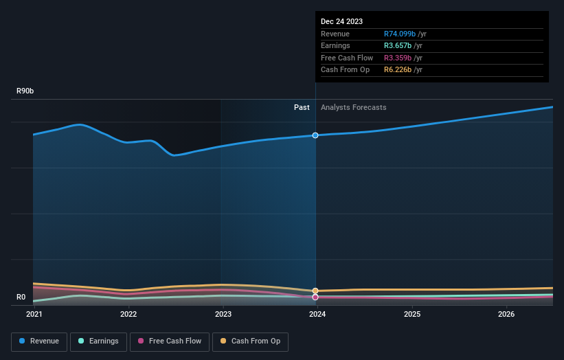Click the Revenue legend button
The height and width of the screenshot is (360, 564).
(39, 341)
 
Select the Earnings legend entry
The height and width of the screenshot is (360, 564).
(98, 341)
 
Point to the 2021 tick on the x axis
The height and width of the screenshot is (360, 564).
(34, 315)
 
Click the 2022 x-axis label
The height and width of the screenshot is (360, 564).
(128, 315)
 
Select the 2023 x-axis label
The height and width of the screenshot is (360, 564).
(223, 315)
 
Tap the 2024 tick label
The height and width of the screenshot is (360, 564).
(317, 315)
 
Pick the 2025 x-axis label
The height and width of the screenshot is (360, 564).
(412, 315)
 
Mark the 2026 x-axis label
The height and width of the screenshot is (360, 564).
(506, 315)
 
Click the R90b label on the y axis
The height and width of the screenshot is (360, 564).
(25, 91)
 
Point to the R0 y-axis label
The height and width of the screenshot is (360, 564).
(21, 297)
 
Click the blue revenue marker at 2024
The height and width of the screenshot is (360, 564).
(315, 135)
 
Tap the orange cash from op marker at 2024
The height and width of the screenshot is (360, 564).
(315, 291)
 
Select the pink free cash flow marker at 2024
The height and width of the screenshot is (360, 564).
(315, 297)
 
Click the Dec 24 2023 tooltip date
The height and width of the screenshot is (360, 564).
(341, 21)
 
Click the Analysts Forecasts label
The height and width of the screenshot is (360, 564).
(353, 108)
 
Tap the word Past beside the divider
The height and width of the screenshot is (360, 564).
(302, 108)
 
